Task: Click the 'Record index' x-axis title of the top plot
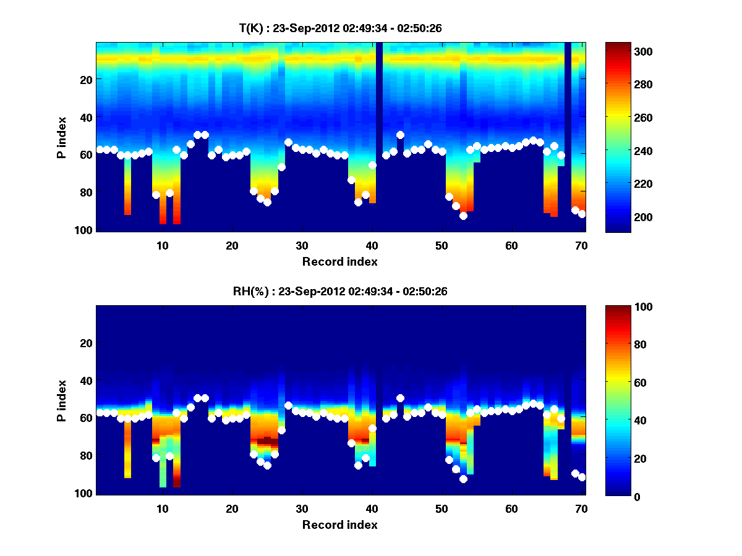click(339, 261)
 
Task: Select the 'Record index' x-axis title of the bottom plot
click(339, 524)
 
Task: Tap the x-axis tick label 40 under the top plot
click(372, 245)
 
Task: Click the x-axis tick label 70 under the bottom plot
click(581, 508)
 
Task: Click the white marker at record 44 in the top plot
click(400, 135)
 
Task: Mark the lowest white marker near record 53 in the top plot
click(463, 216)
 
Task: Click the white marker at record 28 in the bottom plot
click(288, 405)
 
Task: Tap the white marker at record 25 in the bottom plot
click(267, 465)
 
